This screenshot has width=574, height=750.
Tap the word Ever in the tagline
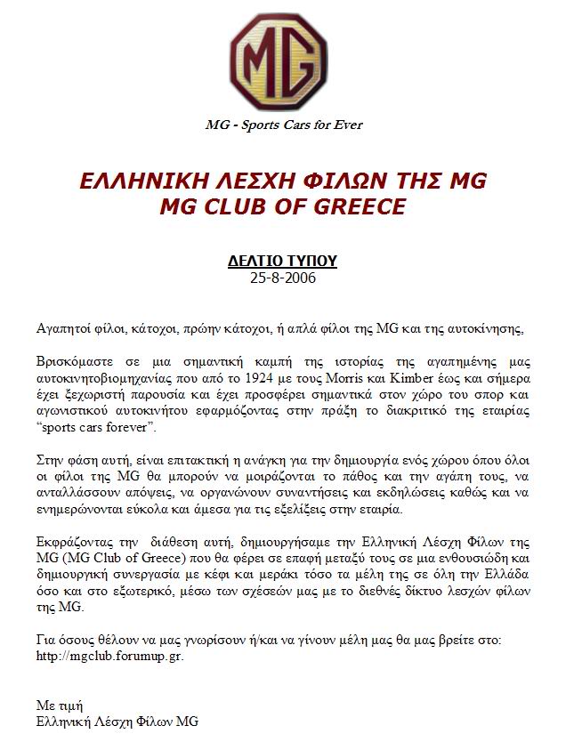tap(347, 125)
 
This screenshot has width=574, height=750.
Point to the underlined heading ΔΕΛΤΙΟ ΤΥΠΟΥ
tap(282, 261)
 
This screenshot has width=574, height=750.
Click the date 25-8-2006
tap(283, 277)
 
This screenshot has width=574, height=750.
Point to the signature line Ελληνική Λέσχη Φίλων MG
tap(117, 721)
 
